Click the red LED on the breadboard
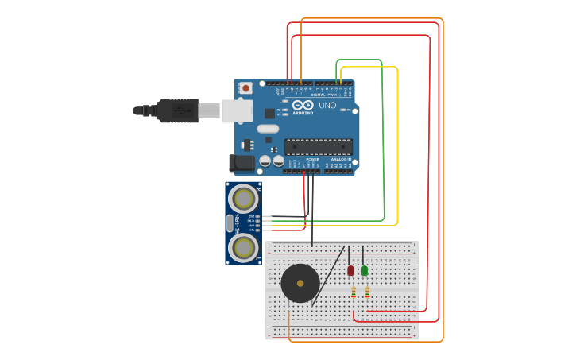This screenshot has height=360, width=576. (350, 271)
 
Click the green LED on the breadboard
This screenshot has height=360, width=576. (365, 271)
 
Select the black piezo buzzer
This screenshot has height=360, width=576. (300, 284)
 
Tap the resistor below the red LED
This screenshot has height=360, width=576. (354, 292)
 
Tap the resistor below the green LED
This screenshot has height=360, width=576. (367, 292)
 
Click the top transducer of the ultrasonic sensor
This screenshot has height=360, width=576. (243, 199)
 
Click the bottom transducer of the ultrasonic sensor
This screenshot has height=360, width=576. (243, 248)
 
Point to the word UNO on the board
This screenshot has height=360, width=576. (327, 105)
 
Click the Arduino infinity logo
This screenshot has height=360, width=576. (303, 105)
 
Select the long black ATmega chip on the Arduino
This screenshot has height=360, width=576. (318, 146)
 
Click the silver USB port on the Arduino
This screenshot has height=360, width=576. (237, 110)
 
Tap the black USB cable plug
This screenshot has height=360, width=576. (177, 110)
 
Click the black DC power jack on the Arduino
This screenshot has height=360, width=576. (242, 164)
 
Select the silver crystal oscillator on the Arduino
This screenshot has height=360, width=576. (268, 129)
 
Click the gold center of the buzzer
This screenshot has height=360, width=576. (300, 284)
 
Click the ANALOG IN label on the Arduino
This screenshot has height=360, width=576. (341, 159)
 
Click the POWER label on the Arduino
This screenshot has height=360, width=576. (312, 159)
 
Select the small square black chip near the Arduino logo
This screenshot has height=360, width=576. (269, 114)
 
